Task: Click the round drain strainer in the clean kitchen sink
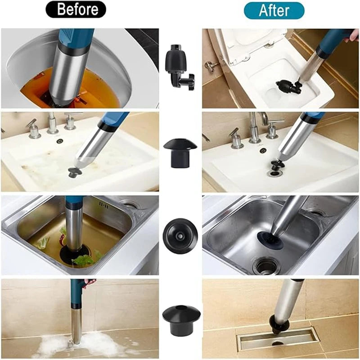pos(266,265)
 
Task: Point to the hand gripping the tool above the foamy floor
pos(89,283)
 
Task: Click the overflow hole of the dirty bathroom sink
pos(60,141)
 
